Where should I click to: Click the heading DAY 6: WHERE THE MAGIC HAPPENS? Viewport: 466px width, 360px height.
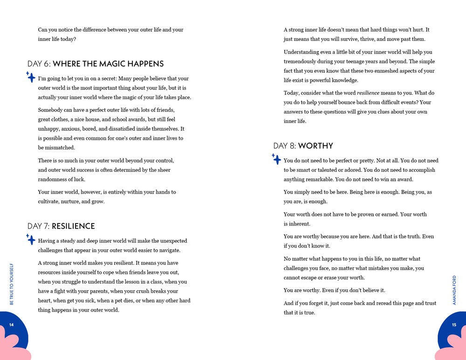click(96, 64)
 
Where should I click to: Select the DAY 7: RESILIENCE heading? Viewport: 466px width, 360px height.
click(61, 226)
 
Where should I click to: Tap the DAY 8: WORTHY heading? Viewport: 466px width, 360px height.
click(303, 146)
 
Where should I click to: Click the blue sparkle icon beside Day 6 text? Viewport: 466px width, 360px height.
click(31, 77)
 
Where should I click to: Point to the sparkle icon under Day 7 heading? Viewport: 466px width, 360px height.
click(31, 239)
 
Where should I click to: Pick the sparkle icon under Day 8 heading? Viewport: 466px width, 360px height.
click(276, 159)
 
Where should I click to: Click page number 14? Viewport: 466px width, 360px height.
click(12, 325)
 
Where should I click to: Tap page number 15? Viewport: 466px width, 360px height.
click(454, 325)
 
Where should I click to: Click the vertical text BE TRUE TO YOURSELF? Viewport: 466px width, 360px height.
click(12, 284)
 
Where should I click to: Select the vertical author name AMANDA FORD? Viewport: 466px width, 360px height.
click(454, 290)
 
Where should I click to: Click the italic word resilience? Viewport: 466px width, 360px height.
click(368, 93)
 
